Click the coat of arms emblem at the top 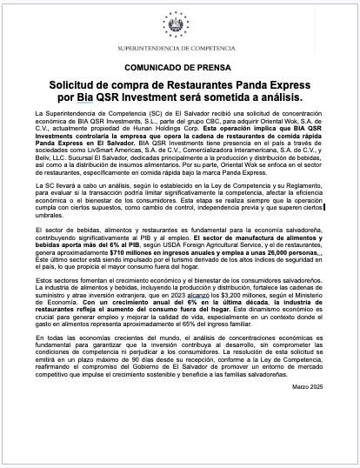pyautogui.click(x=180, y=19)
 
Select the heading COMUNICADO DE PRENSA pyautogui.click(x=180, y=65)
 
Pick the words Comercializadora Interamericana pyautogui.click(x=228, y=149)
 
